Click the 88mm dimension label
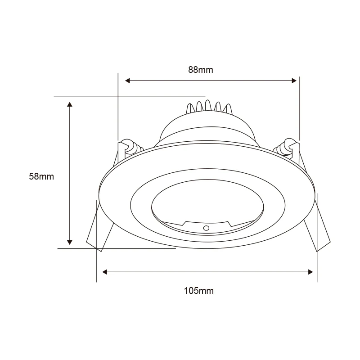200,70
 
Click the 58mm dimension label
41,176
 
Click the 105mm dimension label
198,291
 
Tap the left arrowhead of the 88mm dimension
128,81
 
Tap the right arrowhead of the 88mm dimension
294,81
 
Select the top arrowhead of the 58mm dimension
70,104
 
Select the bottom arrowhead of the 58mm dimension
70,242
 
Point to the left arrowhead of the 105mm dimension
104,272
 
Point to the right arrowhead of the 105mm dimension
310,272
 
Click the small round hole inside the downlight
206,228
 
